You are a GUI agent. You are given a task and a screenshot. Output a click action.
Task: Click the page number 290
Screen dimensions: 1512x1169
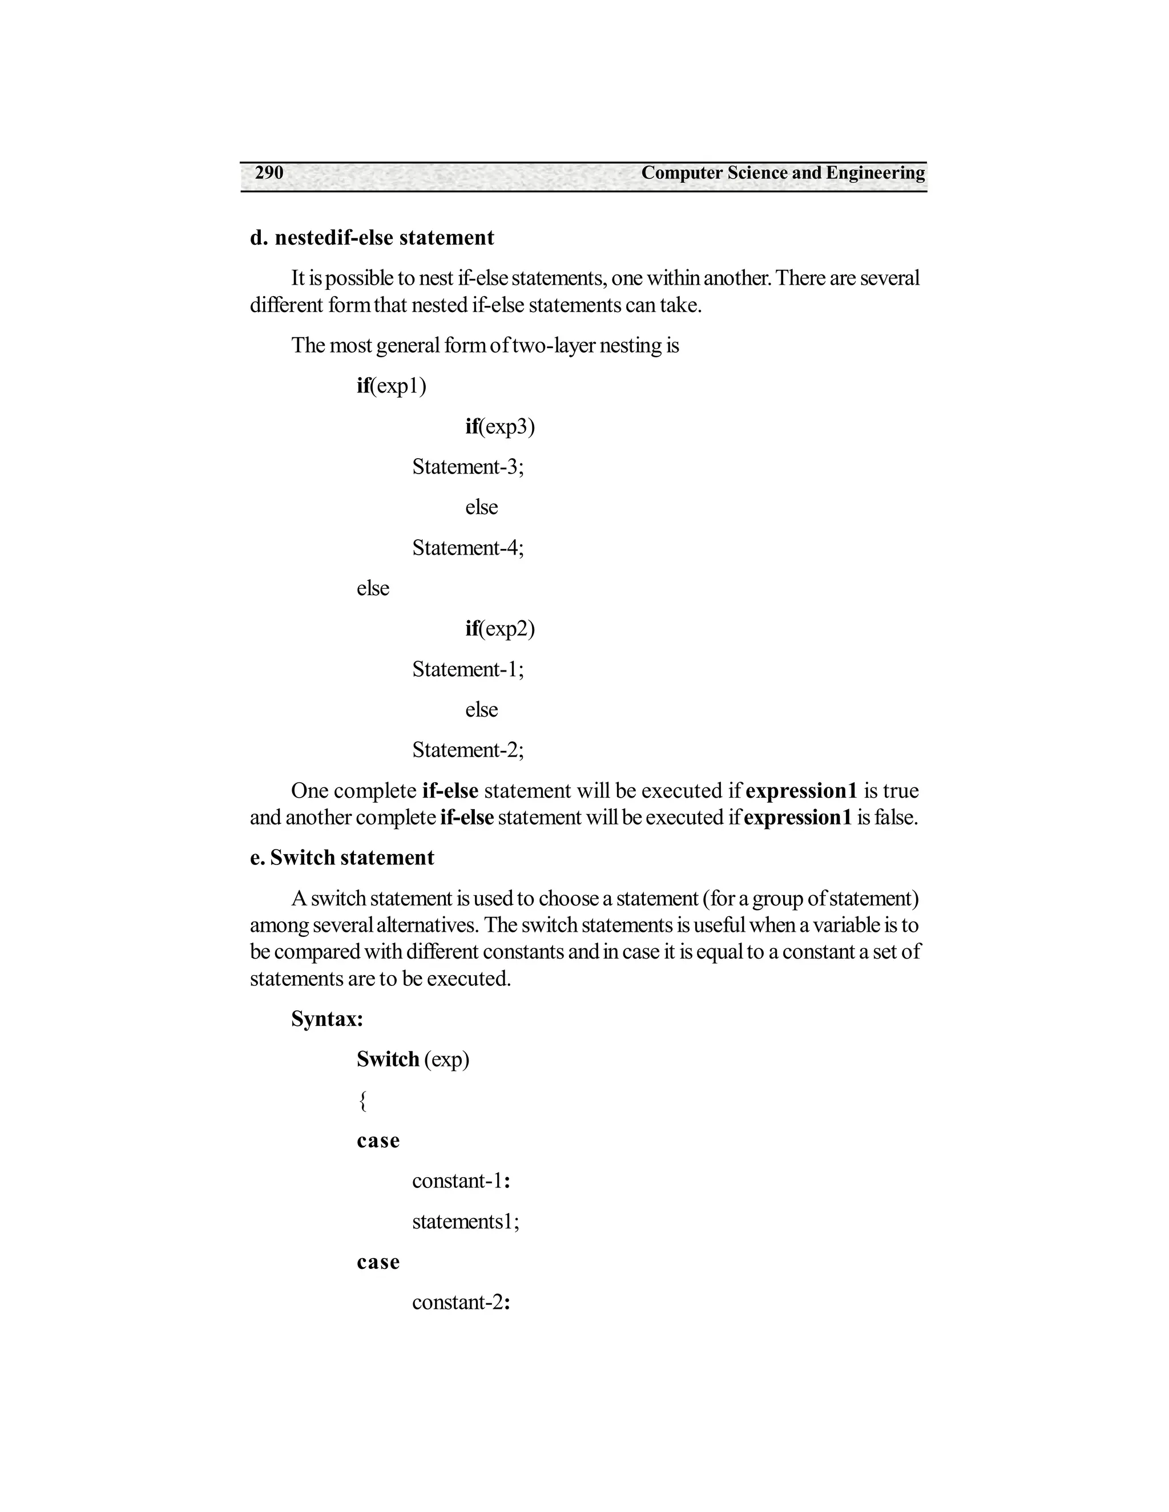[269, 172]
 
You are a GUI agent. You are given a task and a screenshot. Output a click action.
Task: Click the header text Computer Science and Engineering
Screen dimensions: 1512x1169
[783, 172]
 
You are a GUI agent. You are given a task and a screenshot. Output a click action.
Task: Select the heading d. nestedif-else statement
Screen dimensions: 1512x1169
[372, 237]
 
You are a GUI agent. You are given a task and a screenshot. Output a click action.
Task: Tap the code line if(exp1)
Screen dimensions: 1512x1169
[391, 386]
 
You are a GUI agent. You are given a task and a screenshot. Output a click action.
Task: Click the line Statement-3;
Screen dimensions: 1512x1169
[468, 467]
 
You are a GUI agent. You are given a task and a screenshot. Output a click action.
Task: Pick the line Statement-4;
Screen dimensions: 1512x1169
[468, 548]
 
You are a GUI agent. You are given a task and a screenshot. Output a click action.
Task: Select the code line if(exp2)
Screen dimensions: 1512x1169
[500, 629]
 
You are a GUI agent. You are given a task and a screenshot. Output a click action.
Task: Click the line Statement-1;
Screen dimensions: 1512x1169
[468, 669]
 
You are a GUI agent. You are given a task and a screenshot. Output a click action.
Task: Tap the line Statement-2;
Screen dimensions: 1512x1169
[468, 750]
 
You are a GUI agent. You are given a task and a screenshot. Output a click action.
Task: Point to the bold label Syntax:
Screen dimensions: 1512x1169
[327, 1019]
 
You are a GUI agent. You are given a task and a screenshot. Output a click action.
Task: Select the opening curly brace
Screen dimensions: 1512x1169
[362, 1100]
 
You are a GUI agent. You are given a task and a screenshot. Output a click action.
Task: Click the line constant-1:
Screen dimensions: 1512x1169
[461, 1181]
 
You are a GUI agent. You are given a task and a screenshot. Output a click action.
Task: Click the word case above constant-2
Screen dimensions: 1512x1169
[378, 1262]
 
